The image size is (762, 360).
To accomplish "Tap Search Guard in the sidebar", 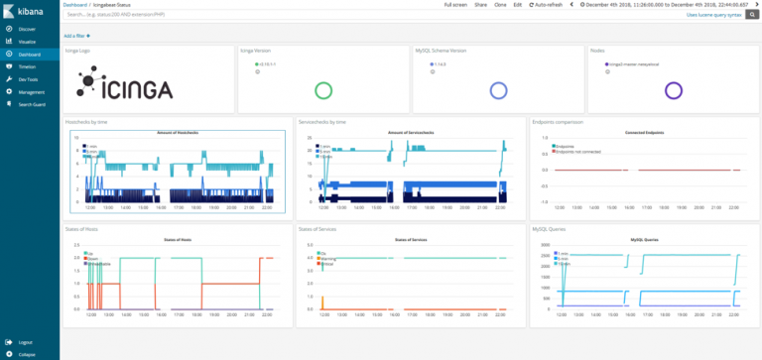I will pyautogui.click(x=32, y=104).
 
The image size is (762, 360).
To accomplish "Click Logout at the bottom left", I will pyautogui.click(x=25, y=341).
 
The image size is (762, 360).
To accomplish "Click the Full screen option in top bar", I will pyautogui.click(x=455, y=5).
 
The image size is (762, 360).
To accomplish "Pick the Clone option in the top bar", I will pyautogui.click(x=498, y=5).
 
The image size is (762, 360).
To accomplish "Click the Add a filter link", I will pyautogui.click(x=76, y=35).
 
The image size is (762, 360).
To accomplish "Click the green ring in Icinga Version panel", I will pyautogui.click(x=322, y=90).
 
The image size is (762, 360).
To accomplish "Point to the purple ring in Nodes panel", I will pyautogui.click(x=674, y=90).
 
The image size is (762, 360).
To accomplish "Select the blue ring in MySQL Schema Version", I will pyautogui.click(x=498, y=90).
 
